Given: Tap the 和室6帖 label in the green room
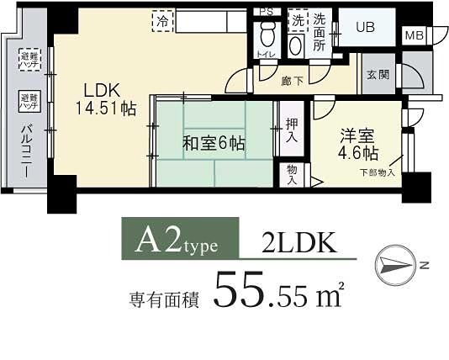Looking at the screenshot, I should tap(214, 144).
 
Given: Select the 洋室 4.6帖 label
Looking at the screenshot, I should tap(358, 144).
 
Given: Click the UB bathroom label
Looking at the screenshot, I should tap(364, 27).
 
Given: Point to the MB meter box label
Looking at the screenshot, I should tap(414, 35).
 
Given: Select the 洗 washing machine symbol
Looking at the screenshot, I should tap(297, 20).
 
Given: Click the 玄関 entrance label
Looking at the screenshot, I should tap(378, 74).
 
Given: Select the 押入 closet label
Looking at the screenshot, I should tap(290, 128).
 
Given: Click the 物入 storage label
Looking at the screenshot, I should tap(291, 174).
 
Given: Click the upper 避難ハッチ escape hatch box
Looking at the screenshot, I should tap(28, 59).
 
